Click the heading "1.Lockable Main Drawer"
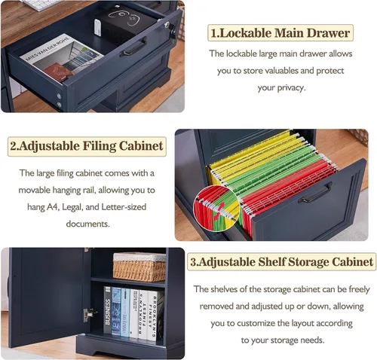tap(280, 33)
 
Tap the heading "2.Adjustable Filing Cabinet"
tap(87, 146)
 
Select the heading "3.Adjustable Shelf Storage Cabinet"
tap(281, 262)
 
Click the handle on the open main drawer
tap(133, 47)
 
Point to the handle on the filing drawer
tap(315, 193)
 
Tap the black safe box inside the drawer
tap(126, 21)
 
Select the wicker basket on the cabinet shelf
tap(139, 267)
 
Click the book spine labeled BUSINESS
tap(108, 310)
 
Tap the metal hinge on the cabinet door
tap(88, 315)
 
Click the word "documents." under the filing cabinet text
tap(87, 224)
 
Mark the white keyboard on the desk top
tap(41, 5)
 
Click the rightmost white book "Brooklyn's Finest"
tap(153, 316)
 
